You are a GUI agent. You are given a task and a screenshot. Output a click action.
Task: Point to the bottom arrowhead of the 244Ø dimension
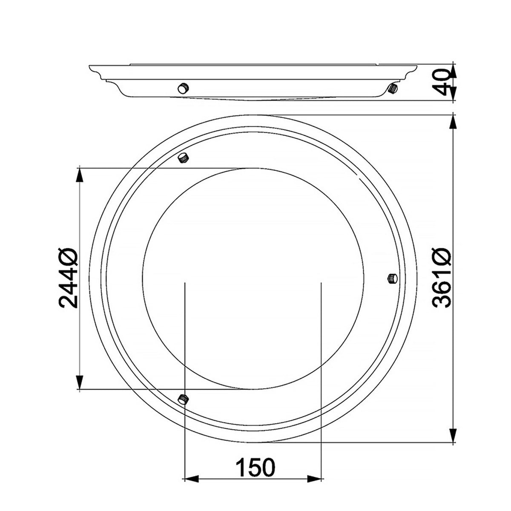(x=79, y=382)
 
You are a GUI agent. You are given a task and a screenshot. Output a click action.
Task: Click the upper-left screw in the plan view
(x=184, y=158)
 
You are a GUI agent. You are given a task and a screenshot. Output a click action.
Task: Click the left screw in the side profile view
(x=183, y=88)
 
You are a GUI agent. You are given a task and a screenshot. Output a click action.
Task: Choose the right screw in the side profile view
(x=392, y=88)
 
